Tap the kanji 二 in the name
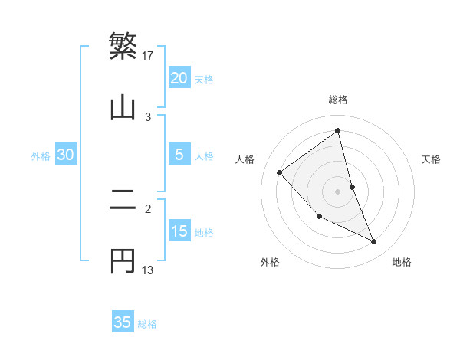[123, 200]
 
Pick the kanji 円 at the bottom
[123, 261]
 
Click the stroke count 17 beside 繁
[148, 55]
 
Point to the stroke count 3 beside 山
[148, 116]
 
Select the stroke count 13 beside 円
[148, 270]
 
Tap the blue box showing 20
[179, 78]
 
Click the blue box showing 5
[179, 155]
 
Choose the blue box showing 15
[179, 231]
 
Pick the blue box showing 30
[66, 155]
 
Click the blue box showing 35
[123, 322]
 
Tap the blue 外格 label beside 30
[41, 156]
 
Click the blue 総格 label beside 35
[147, 324]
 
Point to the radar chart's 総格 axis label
[338, 100]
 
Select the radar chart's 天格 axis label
[432, 159]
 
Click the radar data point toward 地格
[374, 242]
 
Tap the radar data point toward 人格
[280, 172]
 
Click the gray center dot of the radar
[338, 191]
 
